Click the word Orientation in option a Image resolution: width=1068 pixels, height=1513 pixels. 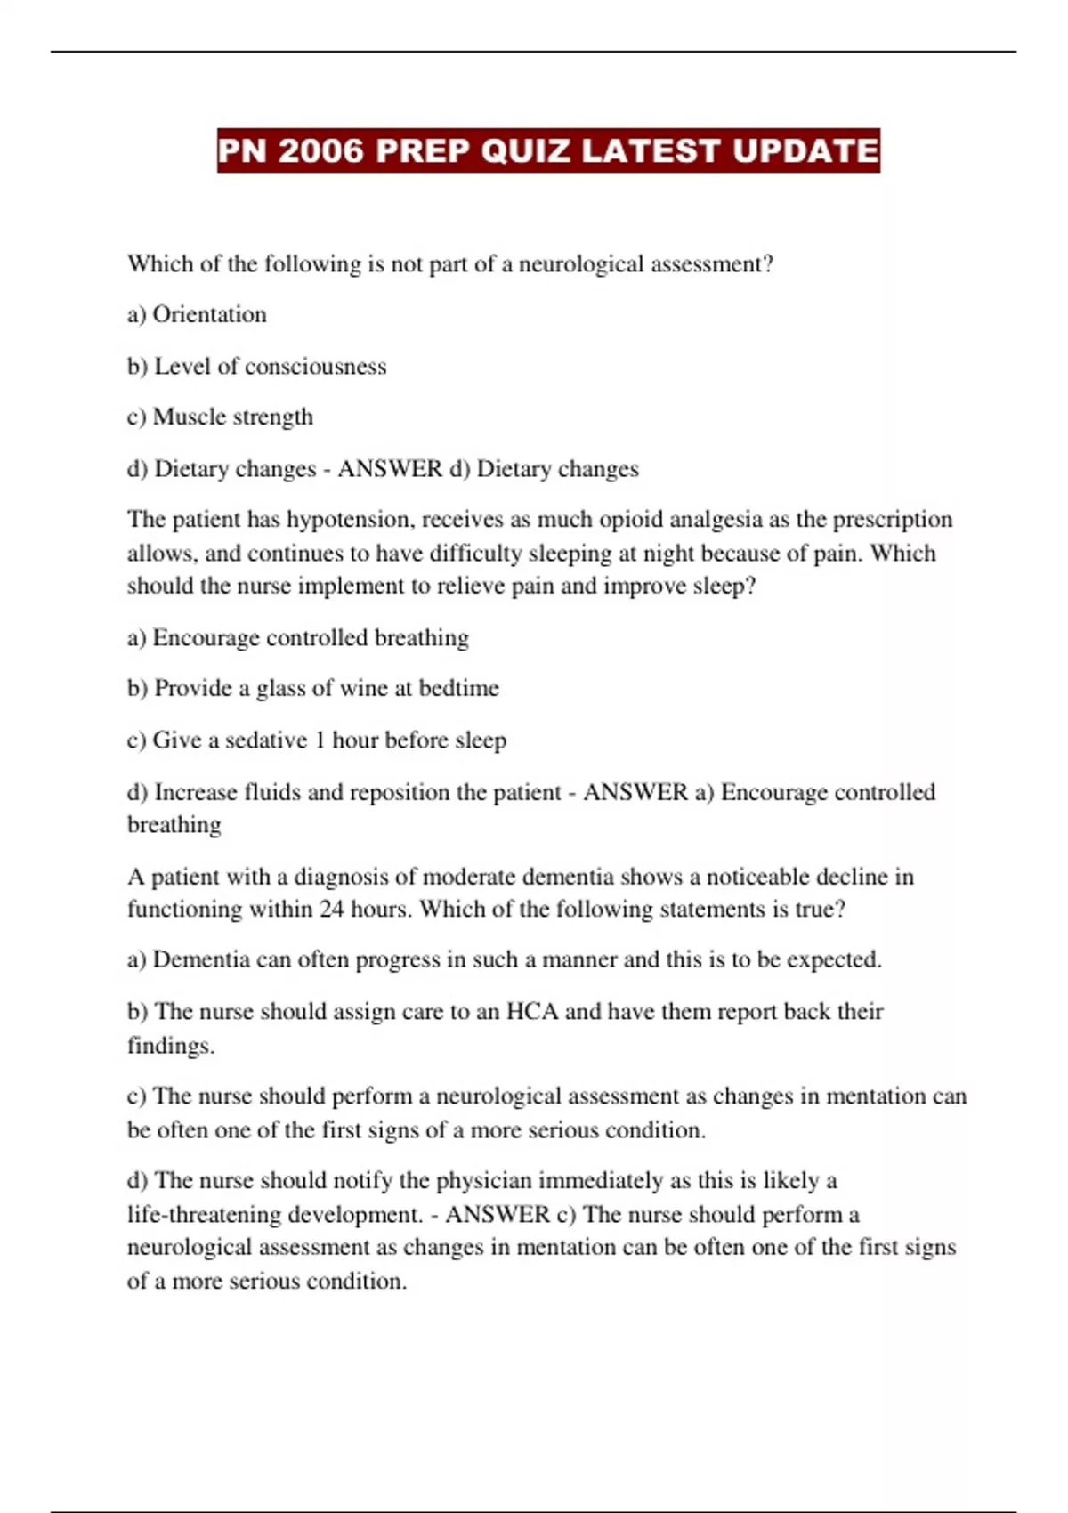coord(209,314)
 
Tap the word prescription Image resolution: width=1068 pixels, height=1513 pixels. coord(892,520)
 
